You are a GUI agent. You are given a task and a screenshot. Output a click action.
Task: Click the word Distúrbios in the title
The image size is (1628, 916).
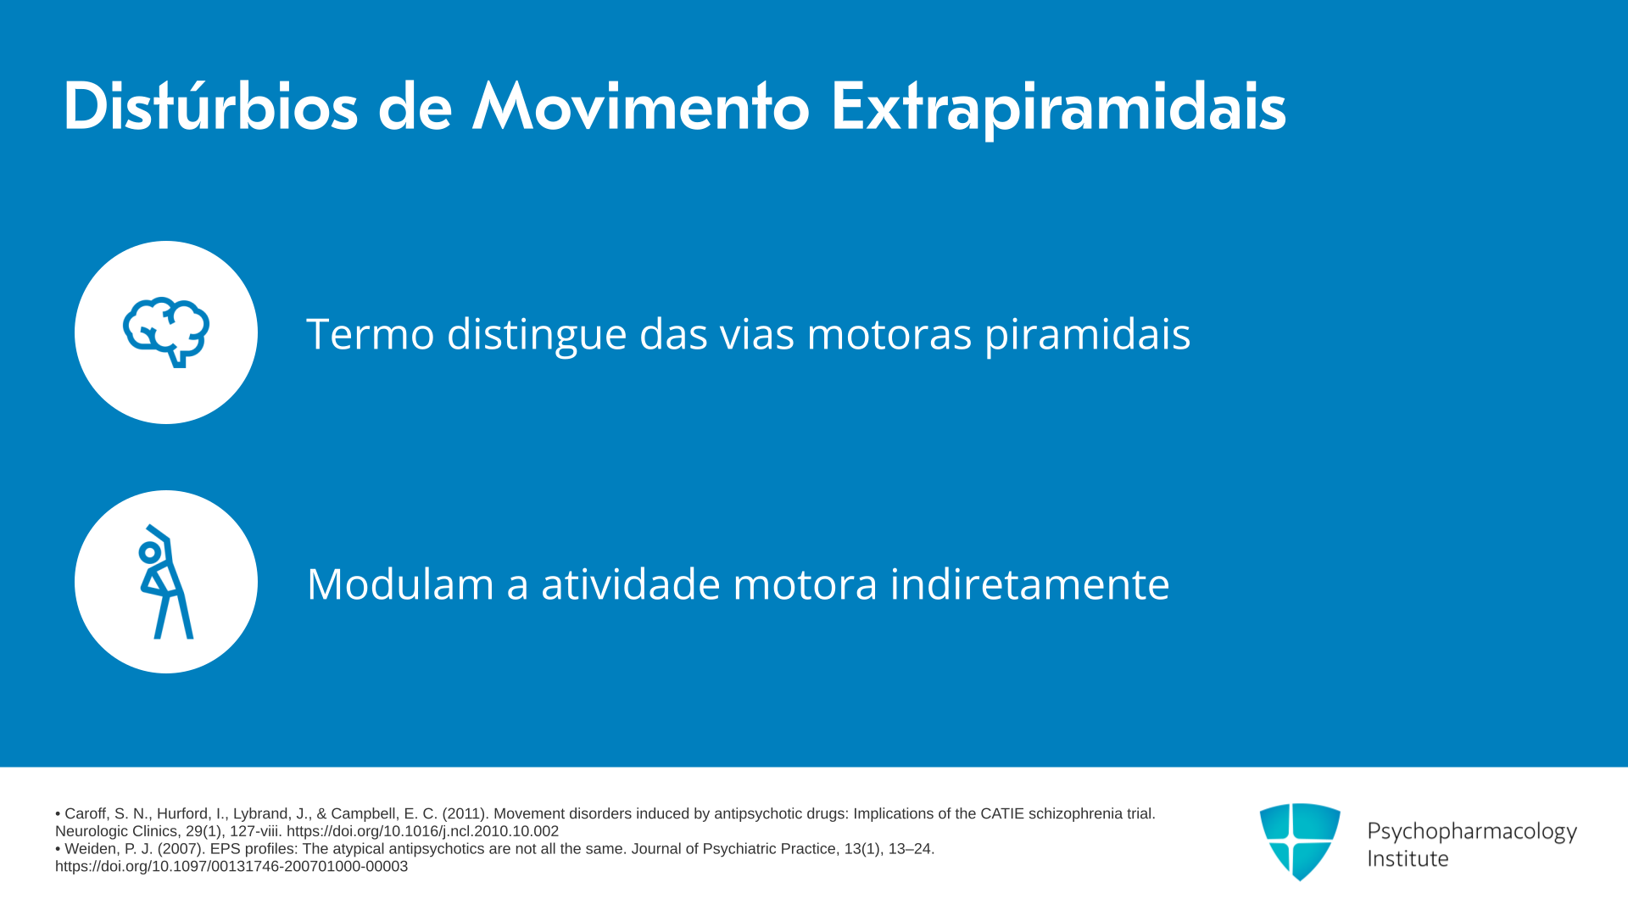tap(210, 106)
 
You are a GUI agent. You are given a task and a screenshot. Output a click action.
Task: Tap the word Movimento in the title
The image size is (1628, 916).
tap(641, 106)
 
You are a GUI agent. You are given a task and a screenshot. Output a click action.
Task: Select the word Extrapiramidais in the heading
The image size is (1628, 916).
tap(1058, 109)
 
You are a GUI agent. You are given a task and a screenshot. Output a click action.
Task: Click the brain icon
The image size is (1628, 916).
tap(166, 332)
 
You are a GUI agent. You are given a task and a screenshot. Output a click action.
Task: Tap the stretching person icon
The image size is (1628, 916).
tap(166, 582)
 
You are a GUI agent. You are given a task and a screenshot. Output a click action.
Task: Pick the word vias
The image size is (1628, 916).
tap(757, 333)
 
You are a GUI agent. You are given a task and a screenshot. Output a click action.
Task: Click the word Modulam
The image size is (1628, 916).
tap(400, 584)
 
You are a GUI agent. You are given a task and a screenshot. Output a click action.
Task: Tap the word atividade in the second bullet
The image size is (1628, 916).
tap(631, 584)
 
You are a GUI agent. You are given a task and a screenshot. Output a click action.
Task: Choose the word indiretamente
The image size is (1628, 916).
tap(1029, 584)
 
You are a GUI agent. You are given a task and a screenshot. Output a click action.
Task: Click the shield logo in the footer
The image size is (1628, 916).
tap(1300, 841)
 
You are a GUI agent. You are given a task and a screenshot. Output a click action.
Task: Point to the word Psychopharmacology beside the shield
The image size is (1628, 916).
tap(1472, 833)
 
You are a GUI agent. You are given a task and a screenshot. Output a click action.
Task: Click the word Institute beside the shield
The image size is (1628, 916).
tap(1408, 858)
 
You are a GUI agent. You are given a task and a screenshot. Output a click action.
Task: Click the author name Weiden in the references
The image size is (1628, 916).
tap(90, 849)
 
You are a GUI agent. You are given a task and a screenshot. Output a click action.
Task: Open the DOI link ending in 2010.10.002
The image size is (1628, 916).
tap(422, 831)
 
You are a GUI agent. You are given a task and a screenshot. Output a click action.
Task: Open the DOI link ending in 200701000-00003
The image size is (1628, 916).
tap(231, 867)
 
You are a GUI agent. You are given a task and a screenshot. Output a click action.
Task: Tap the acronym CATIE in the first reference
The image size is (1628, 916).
tap(1002, 813)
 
